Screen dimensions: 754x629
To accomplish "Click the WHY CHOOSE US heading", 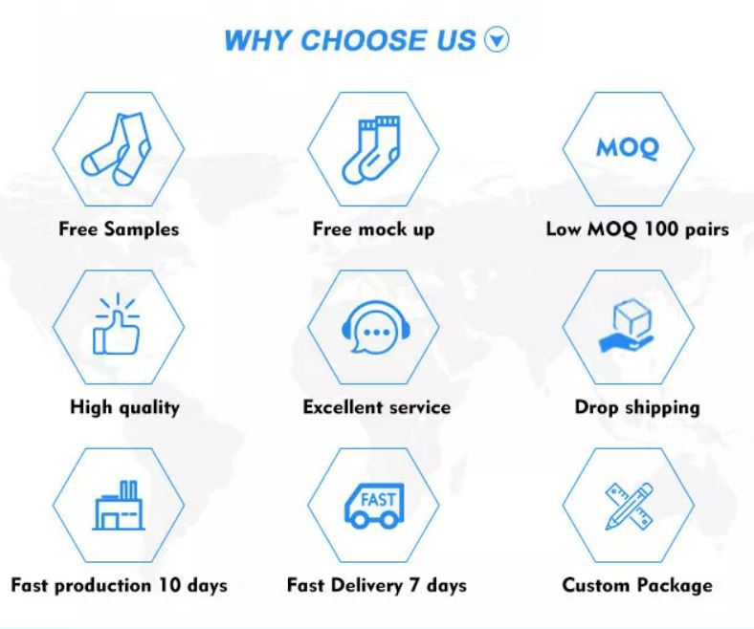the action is tap(349, 40).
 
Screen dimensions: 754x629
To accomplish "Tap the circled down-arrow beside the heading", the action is tap(497, 40).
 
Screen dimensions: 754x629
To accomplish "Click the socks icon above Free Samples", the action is tap(117, 149).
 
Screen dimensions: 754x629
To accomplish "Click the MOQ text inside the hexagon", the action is tap(628, 148).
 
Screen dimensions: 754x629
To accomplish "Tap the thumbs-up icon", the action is tap(117, 324).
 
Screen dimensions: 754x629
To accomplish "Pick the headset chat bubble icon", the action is tap(375, 327).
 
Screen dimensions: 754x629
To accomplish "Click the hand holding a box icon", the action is tap(627, 325).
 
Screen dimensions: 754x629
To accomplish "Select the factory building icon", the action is tap(119, 505).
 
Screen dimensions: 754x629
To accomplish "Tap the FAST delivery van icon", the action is tap(374, 506).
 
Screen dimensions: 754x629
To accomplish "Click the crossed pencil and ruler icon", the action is tap(629, 507).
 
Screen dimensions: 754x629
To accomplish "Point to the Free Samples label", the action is tap(119, 229).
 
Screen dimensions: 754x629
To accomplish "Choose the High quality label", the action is tap(125, 407).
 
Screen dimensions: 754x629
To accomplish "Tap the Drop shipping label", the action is tap(637, 407).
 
